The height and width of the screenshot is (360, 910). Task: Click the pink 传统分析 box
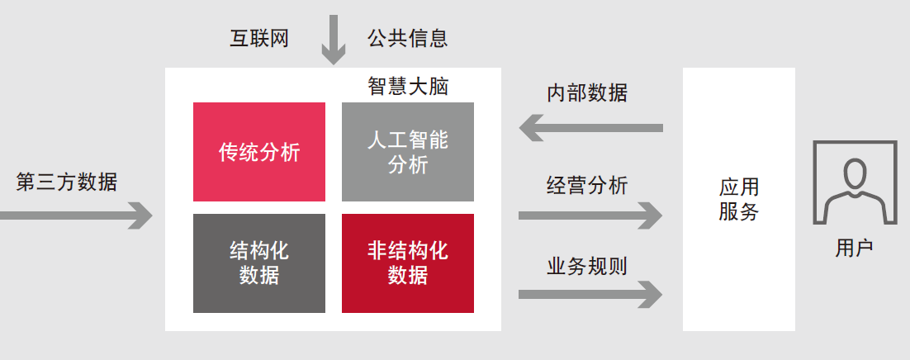[259, 152]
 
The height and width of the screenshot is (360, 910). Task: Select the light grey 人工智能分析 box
[408, 152]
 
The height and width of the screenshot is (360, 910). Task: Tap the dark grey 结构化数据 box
[259, 263]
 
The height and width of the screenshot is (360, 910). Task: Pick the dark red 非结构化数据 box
[408, 263]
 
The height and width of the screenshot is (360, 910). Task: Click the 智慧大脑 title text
[408, 87]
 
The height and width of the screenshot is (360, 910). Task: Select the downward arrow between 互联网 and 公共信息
[334, 39]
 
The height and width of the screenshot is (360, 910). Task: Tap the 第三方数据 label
[67, 182]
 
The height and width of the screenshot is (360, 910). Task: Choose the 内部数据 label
[587, 92]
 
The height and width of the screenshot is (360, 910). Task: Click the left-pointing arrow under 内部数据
[590, 128]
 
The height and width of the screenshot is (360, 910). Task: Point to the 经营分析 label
[587, 185]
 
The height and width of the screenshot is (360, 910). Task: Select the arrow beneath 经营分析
[590, 216]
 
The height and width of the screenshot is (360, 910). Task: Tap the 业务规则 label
[587, 266]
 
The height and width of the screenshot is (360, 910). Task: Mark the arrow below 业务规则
[590, 294]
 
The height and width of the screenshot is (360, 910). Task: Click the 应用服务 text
[738, 200]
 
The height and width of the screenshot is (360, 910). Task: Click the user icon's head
[854, 174]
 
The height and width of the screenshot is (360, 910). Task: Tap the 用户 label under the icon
[854, 249]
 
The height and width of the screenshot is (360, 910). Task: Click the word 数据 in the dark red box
[408, 275]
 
